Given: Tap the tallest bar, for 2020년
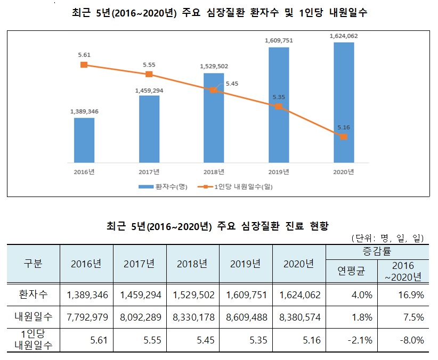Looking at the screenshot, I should [344, 102].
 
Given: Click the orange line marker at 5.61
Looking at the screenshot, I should [84, 64].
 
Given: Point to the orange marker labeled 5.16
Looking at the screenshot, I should [344, 137].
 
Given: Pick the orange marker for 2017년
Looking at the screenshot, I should [149, 74].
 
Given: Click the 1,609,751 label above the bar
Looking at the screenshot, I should [279, 39].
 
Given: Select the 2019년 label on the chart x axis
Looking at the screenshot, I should [279, 171].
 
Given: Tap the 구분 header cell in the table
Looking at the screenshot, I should [33, 264].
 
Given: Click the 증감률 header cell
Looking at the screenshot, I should [377, 251].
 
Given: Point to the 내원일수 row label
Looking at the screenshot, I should [33, 317].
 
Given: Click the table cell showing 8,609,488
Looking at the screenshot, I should [245, 317].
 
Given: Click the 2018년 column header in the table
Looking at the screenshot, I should [192, 264].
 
